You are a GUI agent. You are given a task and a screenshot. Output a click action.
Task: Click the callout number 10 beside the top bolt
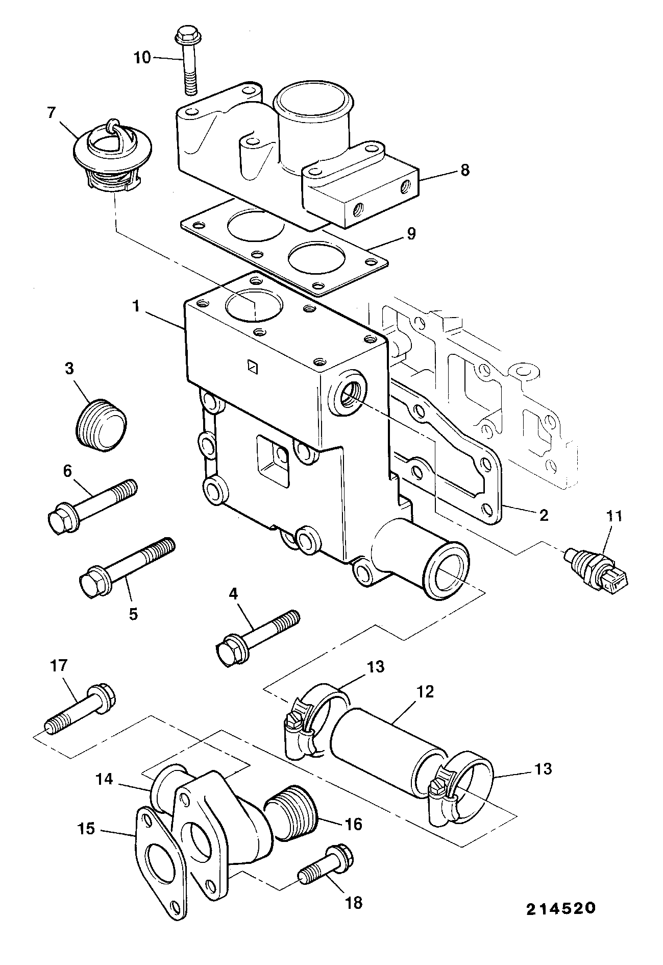coord(142,58)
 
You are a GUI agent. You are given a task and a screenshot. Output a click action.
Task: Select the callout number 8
coord(464,170)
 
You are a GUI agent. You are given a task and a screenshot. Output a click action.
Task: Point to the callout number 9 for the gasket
coord(410,234)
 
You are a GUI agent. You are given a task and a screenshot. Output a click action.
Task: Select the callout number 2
coord(544,515)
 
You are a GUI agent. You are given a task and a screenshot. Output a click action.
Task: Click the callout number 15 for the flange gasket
coord(87,829)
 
